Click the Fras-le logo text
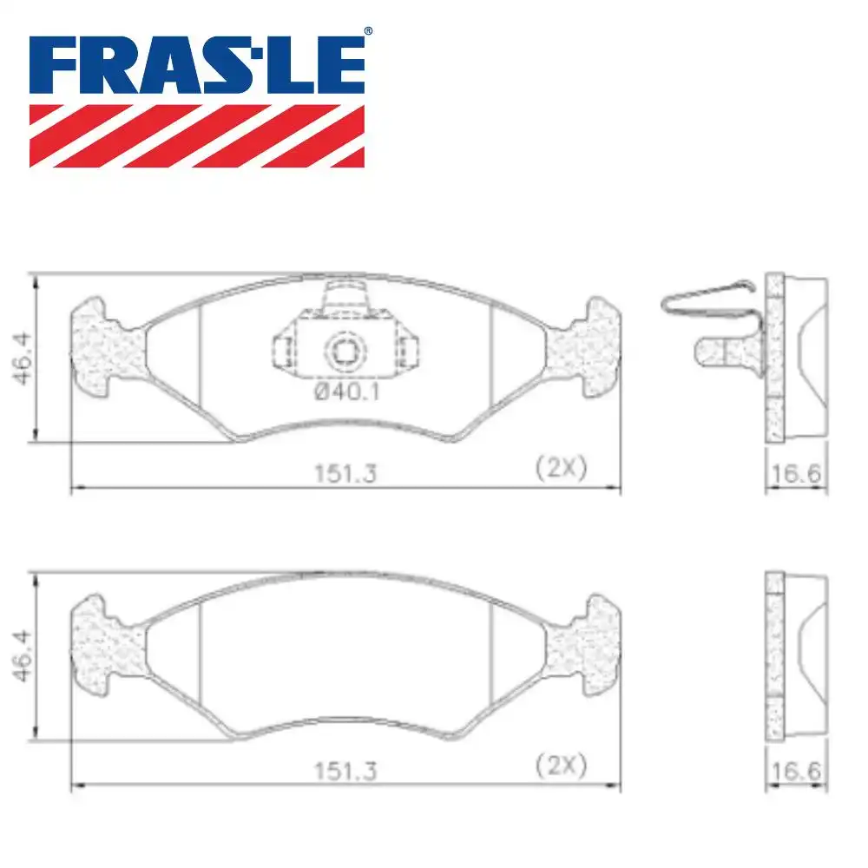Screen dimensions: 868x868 point(197,65)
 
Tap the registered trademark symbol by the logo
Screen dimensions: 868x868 point(368,31)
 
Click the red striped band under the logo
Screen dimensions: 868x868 point(197,135)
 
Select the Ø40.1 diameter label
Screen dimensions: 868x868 point(346,392)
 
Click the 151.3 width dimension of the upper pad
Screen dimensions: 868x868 point(345,473)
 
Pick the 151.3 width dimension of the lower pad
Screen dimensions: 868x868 point(345,771)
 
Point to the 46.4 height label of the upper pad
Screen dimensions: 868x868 point(23,358)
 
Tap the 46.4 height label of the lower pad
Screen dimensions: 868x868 point(23,655)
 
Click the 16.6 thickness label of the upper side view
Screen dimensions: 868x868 point(796,473)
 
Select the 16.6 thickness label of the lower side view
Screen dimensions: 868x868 point(796,771)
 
